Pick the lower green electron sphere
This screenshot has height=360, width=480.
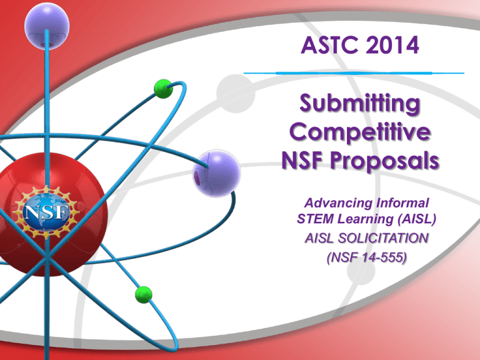(x=143, y=293)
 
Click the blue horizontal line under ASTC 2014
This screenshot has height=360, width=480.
(x=353, y=73)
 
